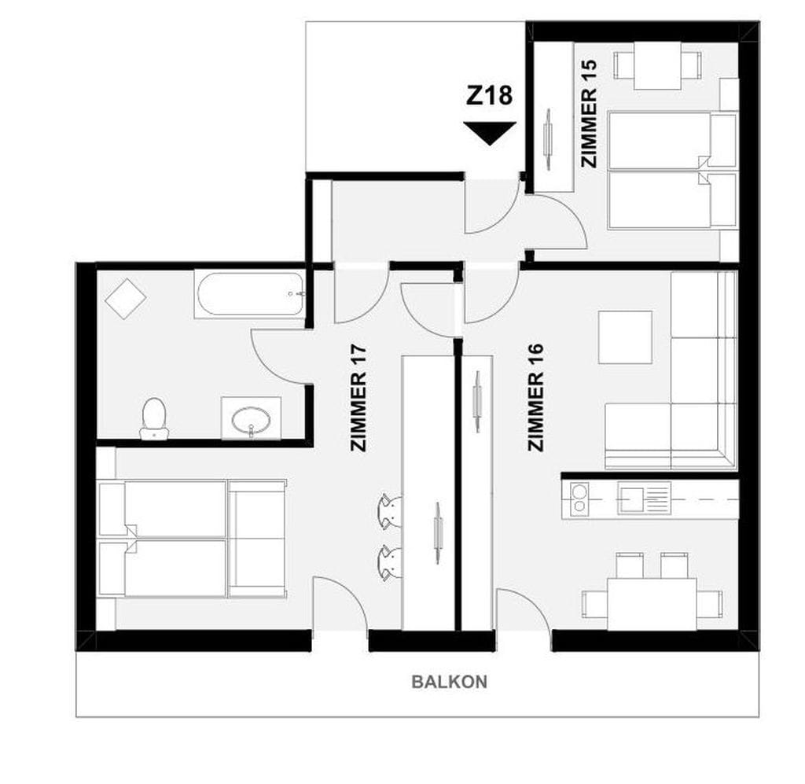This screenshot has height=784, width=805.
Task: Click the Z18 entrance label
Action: (x=489, y=95)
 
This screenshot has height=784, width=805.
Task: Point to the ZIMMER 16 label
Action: (x=535, y=397)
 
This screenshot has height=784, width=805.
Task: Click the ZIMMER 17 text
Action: (x=358, y=397)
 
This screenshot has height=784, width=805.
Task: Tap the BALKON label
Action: (x=449, y=682)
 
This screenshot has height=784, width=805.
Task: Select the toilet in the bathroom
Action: (x=154, y=419)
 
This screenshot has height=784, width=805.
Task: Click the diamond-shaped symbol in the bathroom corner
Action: (x=126, y=298)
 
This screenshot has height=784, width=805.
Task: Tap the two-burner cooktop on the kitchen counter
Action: (x=579, y=499)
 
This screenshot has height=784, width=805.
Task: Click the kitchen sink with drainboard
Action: (x=645, y=498)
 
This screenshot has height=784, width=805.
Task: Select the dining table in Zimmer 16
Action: (x=652, y=604)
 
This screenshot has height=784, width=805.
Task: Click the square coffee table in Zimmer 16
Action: (x=625, y=337)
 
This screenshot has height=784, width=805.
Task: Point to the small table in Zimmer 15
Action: (x=658, y=65)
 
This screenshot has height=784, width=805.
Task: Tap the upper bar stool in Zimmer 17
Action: (x=389, y=511)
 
